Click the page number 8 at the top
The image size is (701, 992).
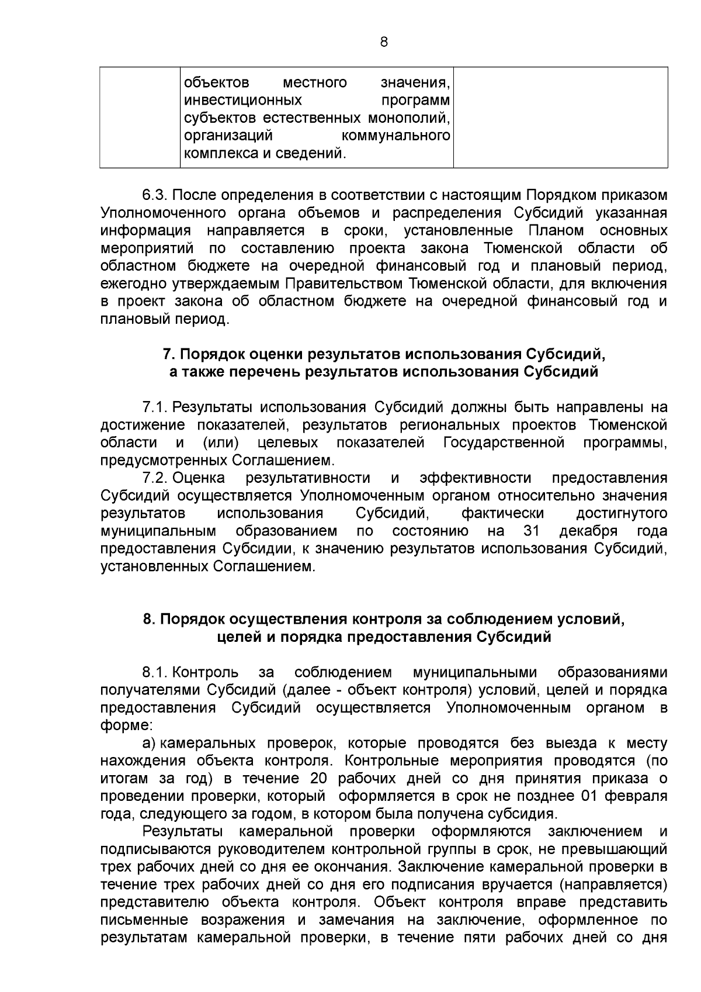point(383,42)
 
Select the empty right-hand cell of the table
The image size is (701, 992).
point(560,117)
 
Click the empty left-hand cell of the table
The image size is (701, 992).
point(139,117)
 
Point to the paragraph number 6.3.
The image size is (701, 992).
point(155,194)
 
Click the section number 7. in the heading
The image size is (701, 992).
point(168,354)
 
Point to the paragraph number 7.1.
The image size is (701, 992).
point(155,407)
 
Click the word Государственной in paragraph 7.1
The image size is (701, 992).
point(504,443)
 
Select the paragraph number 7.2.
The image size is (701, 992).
point(155,478)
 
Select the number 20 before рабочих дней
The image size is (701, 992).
point(310,779)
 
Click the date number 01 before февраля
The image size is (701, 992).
point(591,796)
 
